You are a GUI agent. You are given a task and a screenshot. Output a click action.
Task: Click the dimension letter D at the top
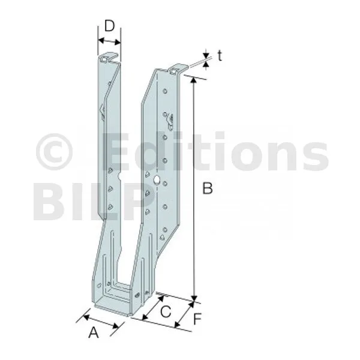pyautogui.click(x=110, y=26)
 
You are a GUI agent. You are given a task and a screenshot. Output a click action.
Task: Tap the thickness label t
pyautogui.click(x=220, y=56)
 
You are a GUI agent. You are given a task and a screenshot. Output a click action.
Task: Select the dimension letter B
pyautogui.click(x=208, y=188)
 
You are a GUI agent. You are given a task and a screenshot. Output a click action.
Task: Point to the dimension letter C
pyautogui.click(x=166, y=312)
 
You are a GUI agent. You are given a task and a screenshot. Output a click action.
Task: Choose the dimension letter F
pyautogui.click(x=197, y=319)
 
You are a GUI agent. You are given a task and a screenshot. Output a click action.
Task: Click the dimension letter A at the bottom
pyautogui.click(x=94, y=332)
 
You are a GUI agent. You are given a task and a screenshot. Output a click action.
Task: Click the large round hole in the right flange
pyautogui.click(x=157, y=179)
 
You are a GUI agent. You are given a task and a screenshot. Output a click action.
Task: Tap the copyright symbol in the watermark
pyautogui.click(x=55, y=152)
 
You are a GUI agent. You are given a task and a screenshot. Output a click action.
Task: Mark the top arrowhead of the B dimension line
pyautogui.click(x=194, y=80)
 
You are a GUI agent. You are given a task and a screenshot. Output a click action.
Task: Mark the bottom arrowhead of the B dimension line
pyautogui.click(x=194, y=298)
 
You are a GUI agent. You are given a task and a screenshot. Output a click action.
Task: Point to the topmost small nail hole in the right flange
pyautogui.click(x=164, y=91)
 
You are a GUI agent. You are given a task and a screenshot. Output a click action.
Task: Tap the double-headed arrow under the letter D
pyautogui.click(x=109, y=41)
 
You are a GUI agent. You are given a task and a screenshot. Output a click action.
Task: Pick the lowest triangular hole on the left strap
pyautogui.click(x=110, y=207)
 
